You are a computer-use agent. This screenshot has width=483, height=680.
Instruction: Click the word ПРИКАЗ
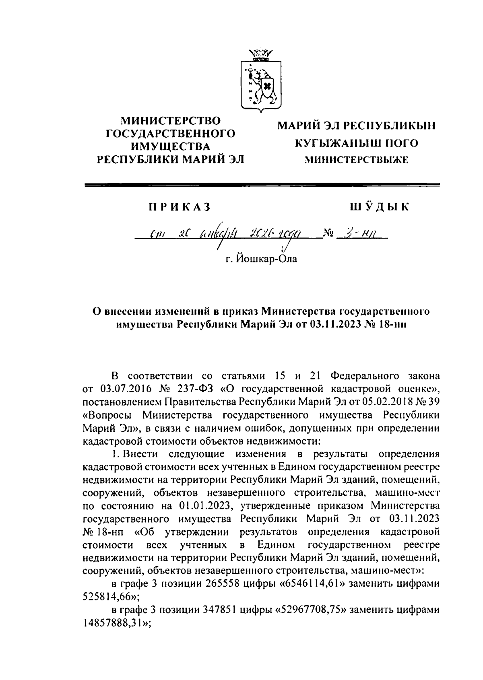coord(180,207)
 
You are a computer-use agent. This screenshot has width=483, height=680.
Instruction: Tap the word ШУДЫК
coord(380,207)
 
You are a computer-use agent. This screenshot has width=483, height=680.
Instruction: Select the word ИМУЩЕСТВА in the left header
coord(171,146)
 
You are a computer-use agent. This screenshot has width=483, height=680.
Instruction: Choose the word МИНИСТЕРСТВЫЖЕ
coord(356,160)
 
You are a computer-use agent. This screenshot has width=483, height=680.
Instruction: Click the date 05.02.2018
coord(385,402)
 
